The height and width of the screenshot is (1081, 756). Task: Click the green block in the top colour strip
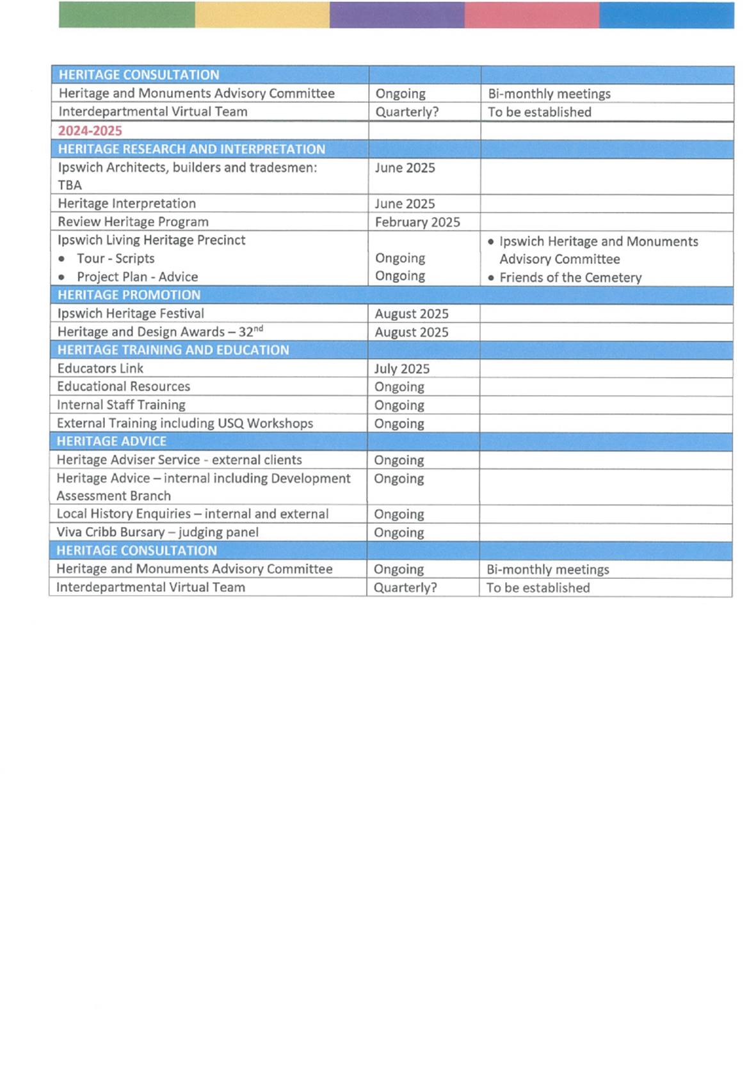tap(127, 15)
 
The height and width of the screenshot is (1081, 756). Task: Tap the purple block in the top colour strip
tap(397, 15)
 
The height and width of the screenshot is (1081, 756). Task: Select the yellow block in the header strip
tap(262, 15)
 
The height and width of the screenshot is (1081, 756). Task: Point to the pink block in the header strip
tap(532, 15)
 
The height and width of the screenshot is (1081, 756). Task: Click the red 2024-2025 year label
tap(90, 131)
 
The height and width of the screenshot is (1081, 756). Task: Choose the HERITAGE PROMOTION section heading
tap(129, 295)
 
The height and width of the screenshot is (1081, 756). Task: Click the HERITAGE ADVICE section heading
tap(111, 441)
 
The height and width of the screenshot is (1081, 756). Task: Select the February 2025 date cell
tap(417, 222)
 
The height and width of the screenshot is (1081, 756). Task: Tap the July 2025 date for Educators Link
tap(401, 369)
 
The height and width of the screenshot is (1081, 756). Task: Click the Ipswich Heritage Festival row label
tap(131, 314)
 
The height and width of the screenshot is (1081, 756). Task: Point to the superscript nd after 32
tap(258, 329)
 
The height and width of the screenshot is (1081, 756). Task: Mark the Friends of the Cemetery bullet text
tap(570, 278)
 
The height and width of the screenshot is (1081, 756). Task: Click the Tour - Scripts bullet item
tap(115, 259)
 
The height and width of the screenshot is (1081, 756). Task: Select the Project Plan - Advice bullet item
tap(137, 277)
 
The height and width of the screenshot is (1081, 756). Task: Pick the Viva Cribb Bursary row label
tap(157, 532)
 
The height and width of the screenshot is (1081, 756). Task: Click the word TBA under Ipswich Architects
tap(70, 185)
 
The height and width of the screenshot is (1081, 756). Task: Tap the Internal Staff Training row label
tap(121, 405)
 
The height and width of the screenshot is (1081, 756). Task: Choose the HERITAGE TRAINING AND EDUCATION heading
tap(173, 350)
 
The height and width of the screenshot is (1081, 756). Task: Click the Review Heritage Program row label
tap(133, 222)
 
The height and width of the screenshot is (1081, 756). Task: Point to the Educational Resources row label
tap(124, 387)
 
